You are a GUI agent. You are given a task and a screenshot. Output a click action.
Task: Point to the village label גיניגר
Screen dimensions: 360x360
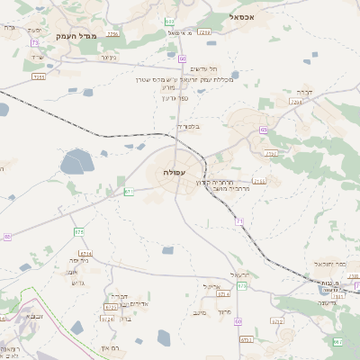pyautogui.click(x=109, y=58)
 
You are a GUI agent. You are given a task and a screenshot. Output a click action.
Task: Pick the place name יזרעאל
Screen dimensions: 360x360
pyautogui.click(x=238, y=274)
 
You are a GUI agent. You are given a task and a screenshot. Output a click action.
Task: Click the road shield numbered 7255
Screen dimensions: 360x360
pyautogui.click(x=39, y=77)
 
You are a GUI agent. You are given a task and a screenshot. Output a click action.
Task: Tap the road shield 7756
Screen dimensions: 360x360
pyautogui.click(x=112, y=33)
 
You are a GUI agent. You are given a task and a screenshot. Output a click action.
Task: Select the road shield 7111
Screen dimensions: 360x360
pyautogui.click(x=259, y=181)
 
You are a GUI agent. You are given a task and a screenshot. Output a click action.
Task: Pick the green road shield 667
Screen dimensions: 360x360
pyautogui.click(x=337, y=342)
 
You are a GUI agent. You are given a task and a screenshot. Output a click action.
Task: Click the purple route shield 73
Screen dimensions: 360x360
pyautogui.click(x=34, y=42)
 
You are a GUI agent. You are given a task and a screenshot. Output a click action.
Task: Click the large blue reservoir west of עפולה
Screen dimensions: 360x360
pyautogui.click(x=76, y=163)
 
